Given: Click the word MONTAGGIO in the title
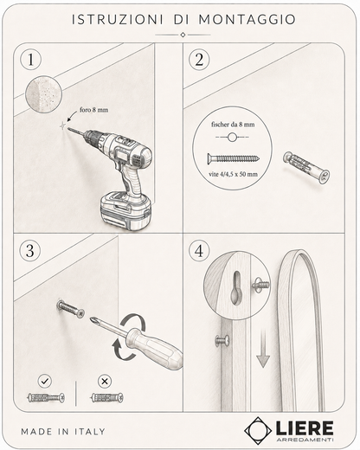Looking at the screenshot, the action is click(x=247, y=19).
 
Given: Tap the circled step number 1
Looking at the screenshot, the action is click(x=30, y=60).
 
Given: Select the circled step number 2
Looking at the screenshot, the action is click(x=199, y=60).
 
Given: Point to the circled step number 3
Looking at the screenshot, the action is click(x=30, y=250).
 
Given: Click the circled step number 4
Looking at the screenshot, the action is click(x=199, y=250).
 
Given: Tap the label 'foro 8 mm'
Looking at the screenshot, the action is click(x=94, y=110).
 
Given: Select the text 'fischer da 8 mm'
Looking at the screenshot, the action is click(x=233, y=125).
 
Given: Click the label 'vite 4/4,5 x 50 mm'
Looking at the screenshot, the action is click(x=233, y=174).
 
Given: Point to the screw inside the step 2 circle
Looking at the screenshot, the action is click(x=233, y=158).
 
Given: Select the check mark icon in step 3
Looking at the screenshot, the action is click(x=45, y=381).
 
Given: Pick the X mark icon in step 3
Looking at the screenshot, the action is click(x=105, y=381).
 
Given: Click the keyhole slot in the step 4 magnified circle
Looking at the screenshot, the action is click(x=236, y=287).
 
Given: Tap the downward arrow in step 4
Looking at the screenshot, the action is click(x=263, y=349).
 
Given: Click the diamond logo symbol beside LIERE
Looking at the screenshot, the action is click(x=258, y=430).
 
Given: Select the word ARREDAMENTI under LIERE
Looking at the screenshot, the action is click(x=305, y=440).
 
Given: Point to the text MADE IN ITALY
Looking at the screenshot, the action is click(x=63, y=432).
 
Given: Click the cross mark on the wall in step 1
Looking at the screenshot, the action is click(x=62, y=125).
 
